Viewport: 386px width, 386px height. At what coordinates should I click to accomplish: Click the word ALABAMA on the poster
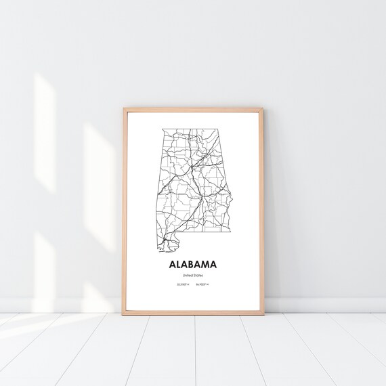pyautogui.click(x=193, y=265)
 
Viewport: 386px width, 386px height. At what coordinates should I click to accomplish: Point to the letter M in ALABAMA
pyautogui.click(x=209, y=265)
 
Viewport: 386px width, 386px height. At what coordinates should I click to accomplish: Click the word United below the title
pyautogui.click(x=187, y=276)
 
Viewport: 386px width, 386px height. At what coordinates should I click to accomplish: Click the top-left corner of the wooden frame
pyautogui.click(x=124, y=108)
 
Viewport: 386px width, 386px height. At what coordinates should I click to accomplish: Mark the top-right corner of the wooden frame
pyautogui.click(x=261, y=108)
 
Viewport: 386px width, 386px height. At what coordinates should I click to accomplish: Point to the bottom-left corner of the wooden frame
pyautogui.click(x=123, y=314)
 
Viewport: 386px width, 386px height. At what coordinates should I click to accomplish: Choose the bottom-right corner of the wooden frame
pyautogui.click(x=263, y=314)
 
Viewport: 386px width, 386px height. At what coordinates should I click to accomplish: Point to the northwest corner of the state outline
pyautogui.click(x=162, y=128)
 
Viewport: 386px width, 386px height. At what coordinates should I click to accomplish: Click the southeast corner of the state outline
pyautogui.click(x=230, y=230)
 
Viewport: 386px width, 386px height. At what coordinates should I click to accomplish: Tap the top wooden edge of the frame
pyautogui.click(x=193, y=108)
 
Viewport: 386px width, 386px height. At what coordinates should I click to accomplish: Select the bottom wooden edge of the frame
pyautogui.click(x=193, y=314)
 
